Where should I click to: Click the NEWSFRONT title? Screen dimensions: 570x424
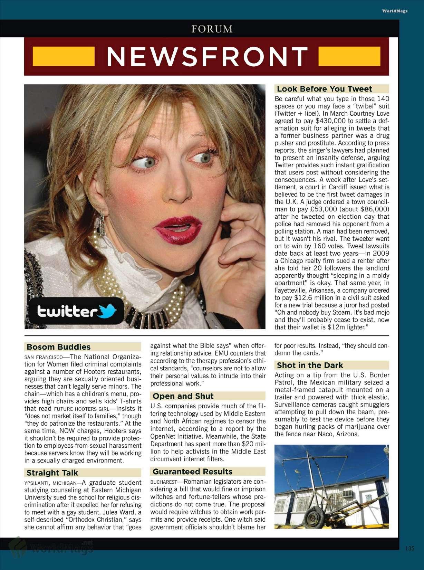(207, 56)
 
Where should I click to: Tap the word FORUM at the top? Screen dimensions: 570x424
(212, 29)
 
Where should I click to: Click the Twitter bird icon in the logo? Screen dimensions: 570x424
(108, 311)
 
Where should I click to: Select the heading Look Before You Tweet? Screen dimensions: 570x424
(324, 89)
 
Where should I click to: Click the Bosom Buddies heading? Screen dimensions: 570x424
(58, 347)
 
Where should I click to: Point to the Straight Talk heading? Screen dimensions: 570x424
(52, 473)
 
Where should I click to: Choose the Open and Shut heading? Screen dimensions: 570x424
(183, 396)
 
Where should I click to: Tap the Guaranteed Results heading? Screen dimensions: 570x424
(192, 472)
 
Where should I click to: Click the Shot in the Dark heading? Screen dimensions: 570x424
(310, 365)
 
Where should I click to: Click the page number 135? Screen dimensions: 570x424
(410, 548)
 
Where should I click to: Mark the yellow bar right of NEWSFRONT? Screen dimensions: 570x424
(348, 56)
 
